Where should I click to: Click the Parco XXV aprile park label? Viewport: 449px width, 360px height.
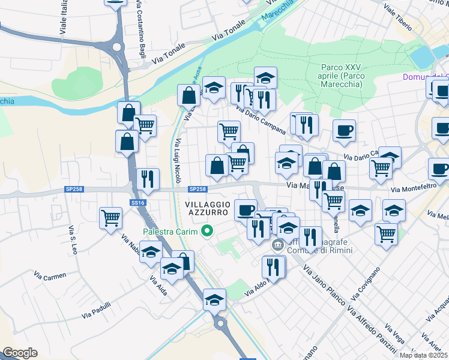[x=341, y=76]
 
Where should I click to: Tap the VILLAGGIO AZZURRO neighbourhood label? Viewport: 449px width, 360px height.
[x=204, y=209]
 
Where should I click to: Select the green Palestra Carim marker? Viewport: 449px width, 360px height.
[x=208, y=230]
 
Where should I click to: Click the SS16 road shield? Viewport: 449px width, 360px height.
[x=139, y=203]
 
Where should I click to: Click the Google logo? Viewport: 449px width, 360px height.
[x=19, y=353]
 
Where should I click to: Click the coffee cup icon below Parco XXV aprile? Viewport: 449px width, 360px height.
[x=344, y=130]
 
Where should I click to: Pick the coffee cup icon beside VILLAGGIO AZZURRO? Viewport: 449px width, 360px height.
[x=245, y=210]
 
